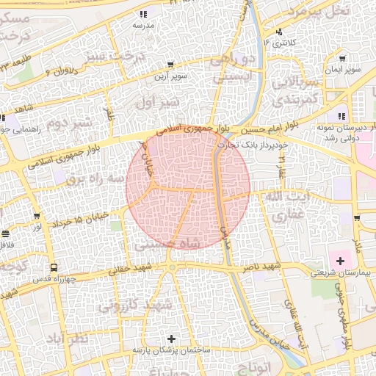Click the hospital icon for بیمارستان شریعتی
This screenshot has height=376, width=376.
(339, 261)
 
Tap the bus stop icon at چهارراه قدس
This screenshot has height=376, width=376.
(54, 268)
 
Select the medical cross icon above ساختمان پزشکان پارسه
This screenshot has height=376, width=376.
(172, 339)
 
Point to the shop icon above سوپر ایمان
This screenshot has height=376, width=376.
(343, 59)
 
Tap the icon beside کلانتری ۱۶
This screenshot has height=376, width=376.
(279, 32)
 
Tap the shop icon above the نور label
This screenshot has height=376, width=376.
(37, 216)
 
